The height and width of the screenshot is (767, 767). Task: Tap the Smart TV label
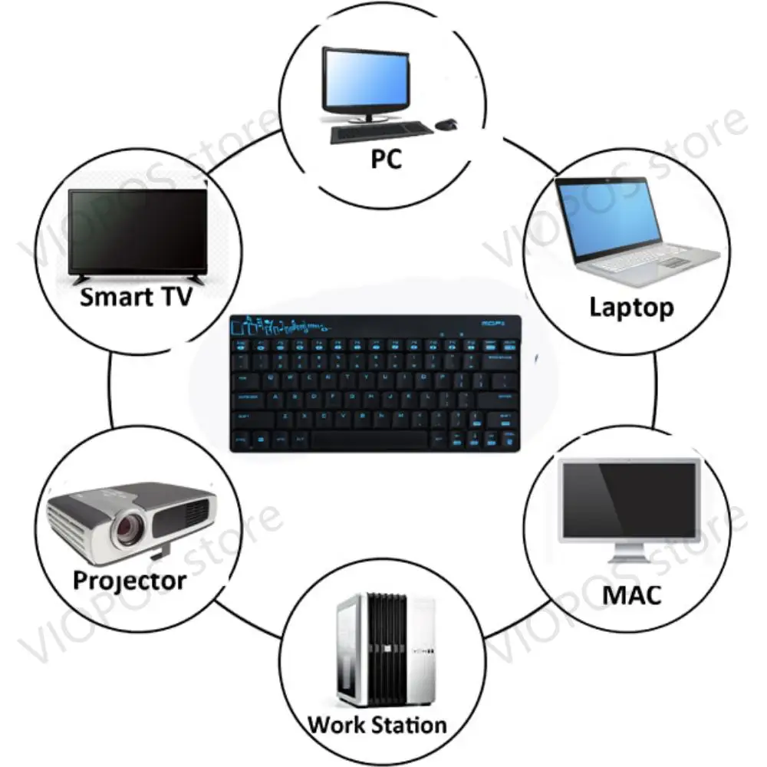(136, 296)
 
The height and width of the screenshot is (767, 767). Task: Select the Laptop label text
(631, 308)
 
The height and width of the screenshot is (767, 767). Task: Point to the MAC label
(631, 594)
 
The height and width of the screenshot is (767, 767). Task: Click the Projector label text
(129, 580)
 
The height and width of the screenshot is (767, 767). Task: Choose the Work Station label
(377, 724)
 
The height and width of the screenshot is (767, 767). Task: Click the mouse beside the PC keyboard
(447, 124)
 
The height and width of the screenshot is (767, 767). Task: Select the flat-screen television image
(138, 230)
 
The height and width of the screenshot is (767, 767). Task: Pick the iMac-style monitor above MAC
(630, 499)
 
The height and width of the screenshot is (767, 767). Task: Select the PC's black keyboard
(378, 133)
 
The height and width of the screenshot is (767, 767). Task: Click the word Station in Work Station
(408, 724)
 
